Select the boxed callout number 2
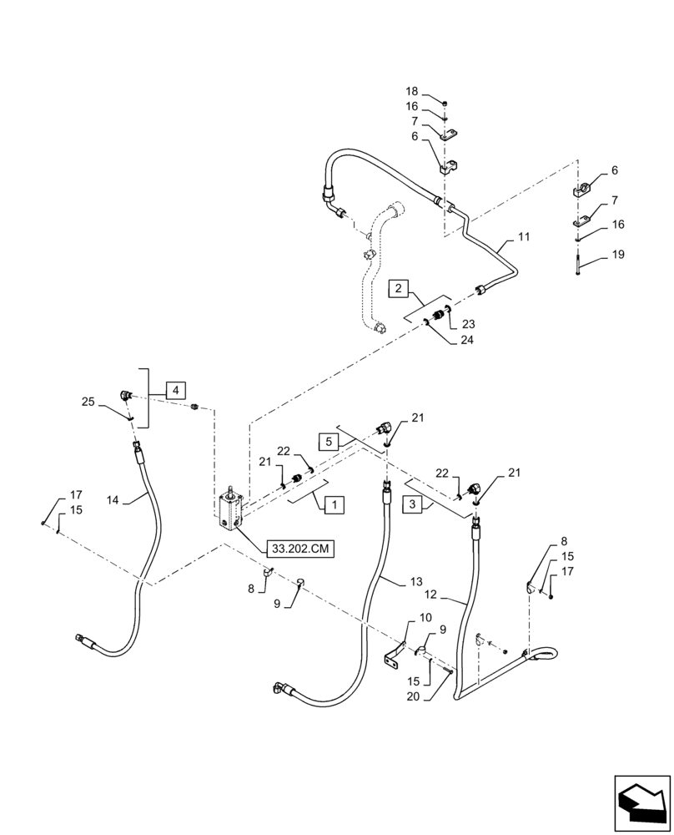[x=401, y=289]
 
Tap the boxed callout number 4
[x=176, y=389]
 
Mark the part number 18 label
[x=412, y=91]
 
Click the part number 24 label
[x=466, y=340]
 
